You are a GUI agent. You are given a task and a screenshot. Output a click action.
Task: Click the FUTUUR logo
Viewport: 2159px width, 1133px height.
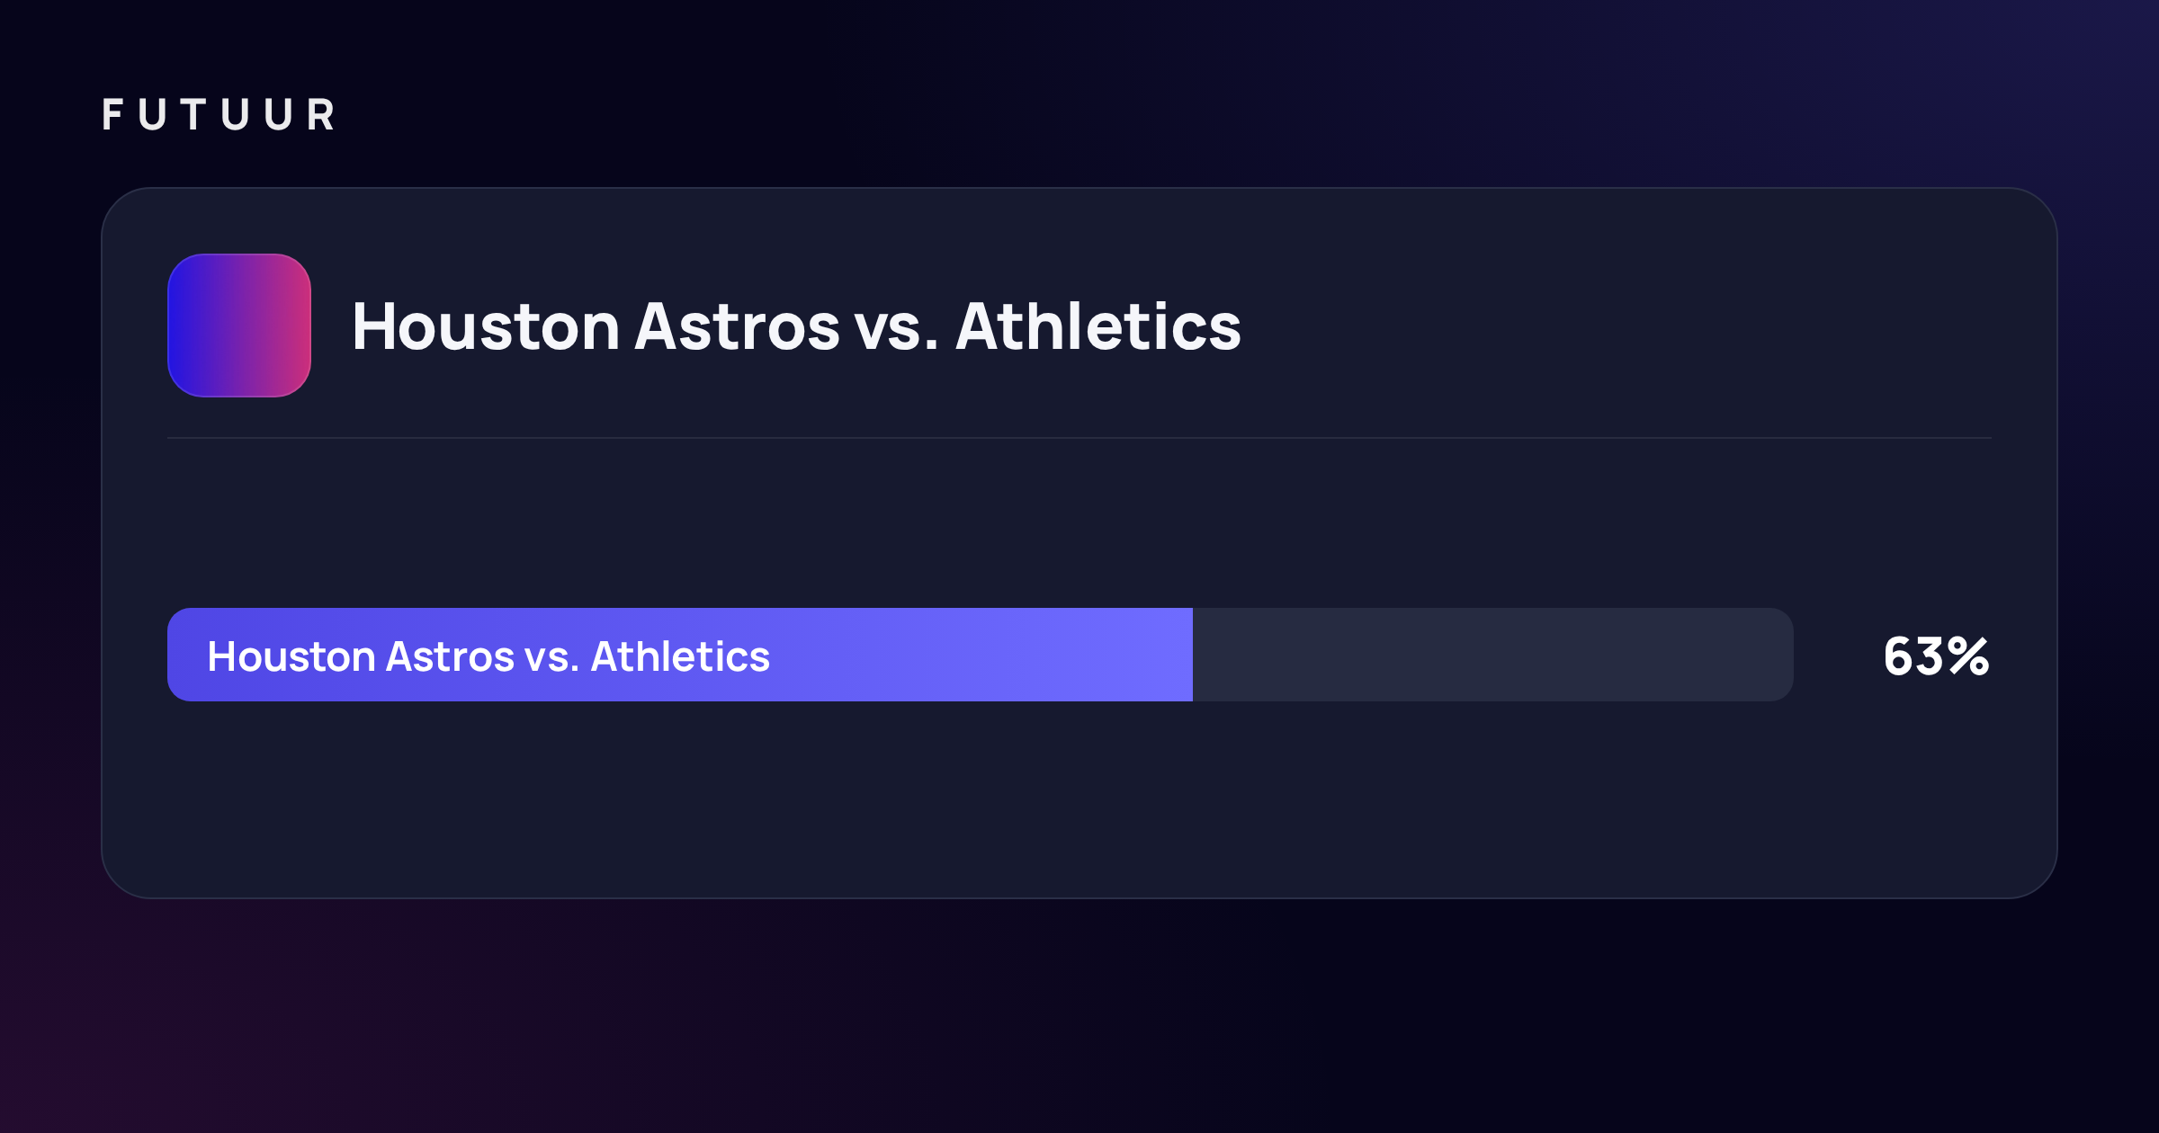219,115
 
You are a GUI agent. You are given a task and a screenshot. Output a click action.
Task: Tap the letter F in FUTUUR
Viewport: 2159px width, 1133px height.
112,115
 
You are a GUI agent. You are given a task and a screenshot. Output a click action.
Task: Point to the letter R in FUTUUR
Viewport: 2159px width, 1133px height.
321,115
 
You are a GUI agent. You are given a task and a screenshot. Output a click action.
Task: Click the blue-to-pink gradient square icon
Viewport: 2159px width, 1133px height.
239,326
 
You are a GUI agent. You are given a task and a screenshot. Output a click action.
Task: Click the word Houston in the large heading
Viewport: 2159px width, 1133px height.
486,326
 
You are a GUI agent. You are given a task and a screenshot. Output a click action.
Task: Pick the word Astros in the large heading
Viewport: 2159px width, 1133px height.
738,326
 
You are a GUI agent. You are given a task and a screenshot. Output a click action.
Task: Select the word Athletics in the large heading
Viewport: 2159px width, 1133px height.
1098,326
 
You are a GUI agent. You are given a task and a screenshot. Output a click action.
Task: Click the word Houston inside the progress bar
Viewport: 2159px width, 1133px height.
291,656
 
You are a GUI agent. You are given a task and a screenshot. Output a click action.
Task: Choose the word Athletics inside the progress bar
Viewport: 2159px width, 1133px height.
680,656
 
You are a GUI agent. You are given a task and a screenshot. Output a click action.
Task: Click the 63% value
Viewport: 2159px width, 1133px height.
1937,656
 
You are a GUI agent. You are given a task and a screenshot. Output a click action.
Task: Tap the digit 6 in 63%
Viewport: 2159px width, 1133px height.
1899,656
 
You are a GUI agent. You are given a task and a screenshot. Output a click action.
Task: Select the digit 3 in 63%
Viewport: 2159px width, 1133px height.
1931,656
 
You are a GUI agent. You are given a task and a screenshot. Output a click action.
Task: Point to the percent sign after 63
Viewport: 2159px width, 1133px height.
1969,656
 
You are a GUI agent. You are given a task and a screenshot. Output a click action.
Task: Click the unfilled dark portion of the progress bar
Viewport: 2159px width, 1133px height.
1493,655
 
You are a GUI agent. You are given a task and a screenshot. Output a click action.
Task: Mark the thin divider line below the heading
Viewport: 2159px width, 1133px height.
1079,438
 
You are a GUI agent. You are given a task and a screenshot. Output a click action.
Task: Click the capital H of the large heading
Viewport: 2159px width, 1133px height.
373,326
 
